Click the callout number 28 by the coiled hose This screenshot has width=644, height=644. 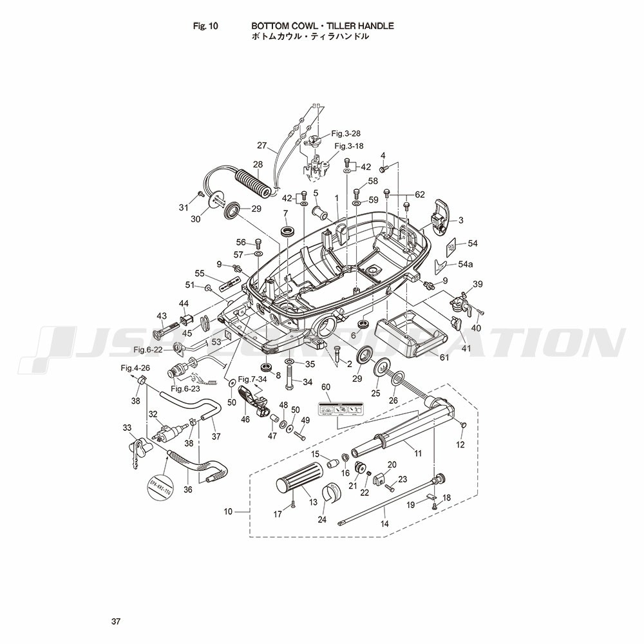[x=258, y=165]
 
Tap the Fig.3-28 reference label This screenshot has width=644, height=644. [x=346, y=133]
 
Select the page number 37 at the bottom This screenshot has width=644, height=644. [x=115, y=621]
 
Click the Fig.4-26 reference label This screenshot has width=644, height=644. [x=135, y=368]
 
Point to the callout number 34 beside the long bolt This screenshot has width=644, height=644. [x=308, y=382]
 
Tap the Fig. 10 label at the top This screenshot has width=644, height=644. [x=206, y=26]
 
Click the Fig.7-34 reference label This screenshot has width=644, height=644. [x=252, y=379]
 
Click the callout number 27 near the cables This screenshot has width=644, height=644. [x=262, y=145]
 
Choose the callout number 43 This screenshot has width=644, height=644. [x=161, y=316]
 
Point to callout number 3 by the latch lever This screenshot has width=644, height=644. [x=461, y=220]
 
